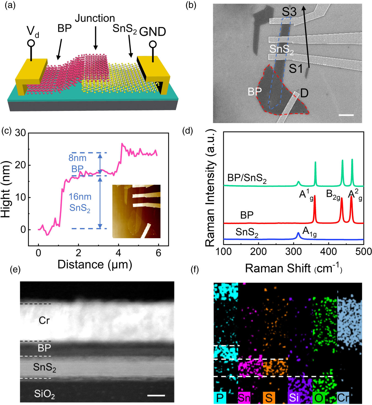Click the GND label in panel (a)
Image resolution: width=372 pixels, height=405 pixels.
click(152, 32)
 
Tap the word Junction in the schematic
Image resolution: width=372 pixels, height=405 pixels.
click(95, 18)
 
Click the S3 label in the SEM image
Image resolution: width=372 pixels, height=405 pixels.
click(289, 12)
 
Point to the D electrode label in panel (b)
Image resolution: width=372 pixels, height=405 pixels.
click(304, 93)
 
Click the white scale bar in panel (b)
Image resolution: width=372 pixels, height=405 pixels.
click(346, 115)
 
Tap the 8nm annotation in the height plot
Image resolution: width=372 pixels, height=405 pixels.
click(77, 158)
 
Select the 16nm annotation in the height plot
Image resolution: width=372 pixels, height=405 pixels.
click(80, 197)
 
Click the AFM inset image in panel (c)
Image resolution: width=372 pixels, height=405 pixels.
click(136, 211)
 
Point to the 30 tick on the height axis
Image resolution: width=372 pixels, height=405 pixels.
click(20, 133)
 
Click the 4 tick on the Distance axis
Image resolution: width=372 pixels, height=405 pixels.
click(118, 253)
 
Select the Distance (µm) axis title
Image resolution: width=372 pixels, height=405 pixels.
click(95, 264)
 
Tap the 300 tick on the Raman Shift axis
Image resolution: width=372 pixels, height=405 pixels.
click(293, 251)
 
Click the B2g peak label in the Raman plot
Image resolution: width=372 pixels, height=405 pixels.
click(333, 194)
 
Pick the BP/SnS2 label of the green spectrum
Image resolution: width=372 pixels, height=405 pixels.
click(247, 178)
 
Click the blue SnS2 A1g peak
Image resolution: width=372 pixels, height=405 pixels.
click(298, 234)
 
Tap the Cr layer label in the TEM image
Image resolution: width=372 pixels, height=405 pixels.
click(44, 321)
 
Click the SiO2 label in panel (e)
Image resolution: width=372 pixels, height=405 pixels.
click(44, 394)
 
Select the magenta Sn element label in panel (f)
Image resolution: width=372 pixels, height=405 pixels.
click(244, 398)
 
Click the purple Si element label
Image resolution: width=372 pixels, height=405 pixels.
click(294, 398)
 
